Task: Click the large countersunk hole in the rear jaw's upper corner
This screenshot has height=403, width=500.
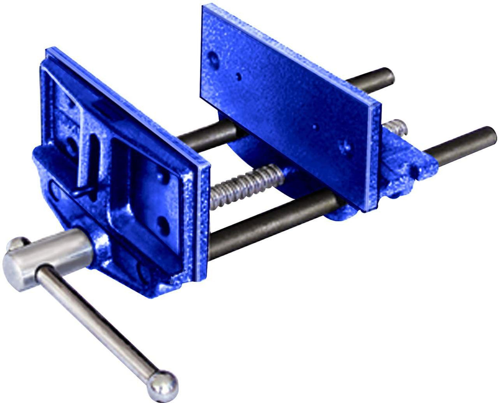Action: (213, 59)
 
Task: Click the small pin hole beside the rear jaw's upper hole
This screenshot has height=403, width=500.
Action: (238, 77)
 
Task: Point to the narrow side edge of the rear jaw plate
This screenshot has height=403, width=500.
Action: (373, 158)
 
